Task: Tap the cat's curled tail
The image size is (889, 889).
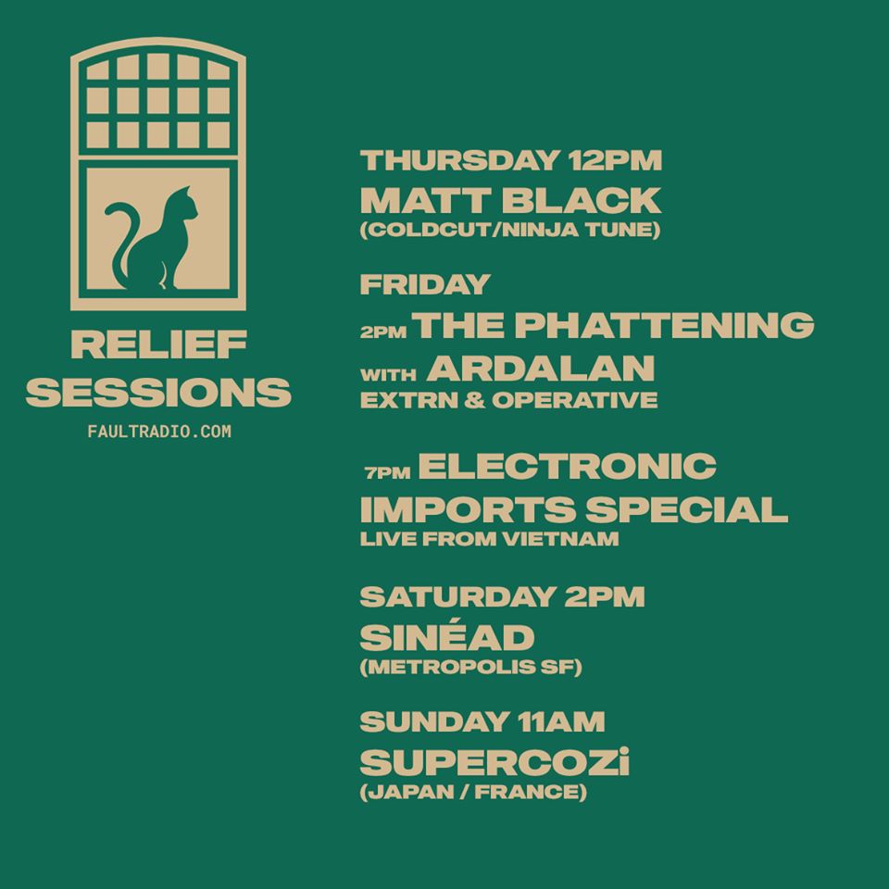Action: pyautogui.click(x=121, y=238)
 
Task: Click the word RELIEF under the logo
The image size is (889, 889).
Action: pyautogui.click(x=158, y=344)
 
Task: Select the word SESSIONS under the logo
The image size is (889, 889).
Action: pyautogui.click(x=158, y=392)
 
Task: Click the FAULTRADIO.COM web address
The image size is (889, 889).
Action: pyautogui.click(x=159, y=432)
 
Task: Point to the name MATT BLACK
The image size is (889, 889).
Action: pyautogui.click(x=510, y=200)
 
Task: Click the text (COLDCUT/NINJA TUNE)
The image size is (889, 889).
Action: pyautogui.click(x=510, y=231)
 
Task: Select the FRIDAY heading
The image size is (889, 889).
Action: pyautogui.click(x=425, y=284)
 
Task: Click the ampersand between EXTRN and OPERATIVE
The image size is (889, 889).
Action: pyautogui.click(x=476, y=400)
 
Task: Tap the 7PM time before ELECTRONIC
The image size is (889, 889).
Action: pyautogui.click(x=388, y=472)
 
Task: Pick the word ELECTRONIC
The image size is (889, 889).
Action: pyautogui.click(x=568, y=466)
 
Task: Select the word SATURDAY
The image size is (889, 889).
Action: pyautogui.click(x=457, y=596)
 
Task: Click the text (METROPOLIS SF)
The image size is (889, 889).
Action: pyautogui.click(x=471, y=667)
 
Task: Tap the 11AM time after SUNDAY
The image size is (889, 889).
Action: pyautogui.click(x=561, y=721)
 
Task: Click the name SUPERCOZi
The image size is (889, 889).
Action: pyautogui.click(x=495, y=761)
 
